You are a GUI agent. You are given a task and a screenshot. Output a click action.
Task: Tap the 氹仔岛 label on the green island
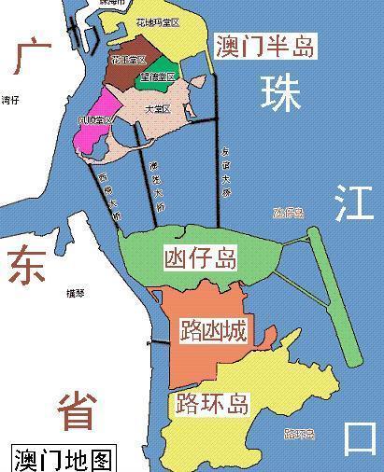pyautogui.click(x=199, y=257)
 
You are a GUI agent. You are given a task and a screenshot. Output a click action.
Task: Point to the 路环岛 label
pyautogui.click(x=212, y=404)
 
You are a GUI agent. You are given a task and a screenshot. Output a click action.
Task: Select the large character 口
pyautogui.click(x=358, y=436)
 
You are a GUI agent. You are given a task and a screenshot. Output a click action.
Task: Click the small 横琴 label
pyautogui.click(x=76, y=292)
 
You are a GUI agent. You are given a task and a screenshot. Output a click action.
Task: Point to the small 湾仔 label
pyautogui.click(x=10, y=99)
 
